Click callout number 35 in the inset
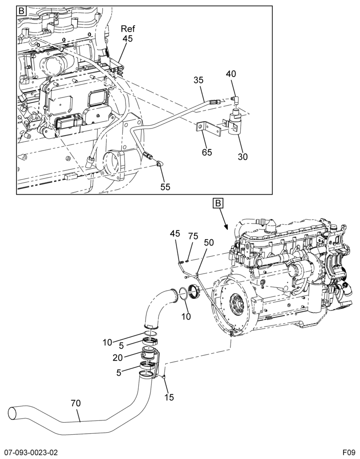198,80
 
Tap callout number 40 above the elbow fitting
231,73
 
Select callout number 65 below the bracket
207,152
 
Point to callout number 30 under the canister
242,157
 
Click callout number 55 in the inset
165,187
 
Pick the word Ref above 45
128,28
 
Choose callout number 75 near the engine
193,236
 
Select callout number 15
169,397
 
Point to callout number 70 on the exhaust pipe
76,403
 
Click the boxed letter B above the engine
218,203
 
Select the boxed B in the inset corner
22,11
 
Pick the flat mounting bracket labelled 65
208,129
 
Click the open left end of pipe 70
12,413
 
